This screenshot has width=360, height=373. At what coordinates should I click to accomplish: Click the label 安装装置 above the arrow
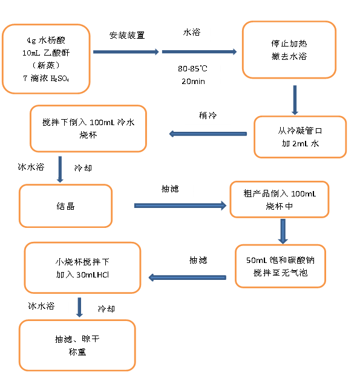pos(126,35)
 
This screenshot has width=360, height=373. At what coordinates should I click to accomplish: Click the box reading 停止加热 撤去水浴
pos(289,50)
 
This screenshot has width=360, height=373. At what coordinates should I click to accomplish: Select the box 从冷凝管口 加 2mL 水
pos(300,137)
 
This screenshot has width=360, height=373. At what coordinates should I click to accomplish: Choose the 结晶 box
pos(65,206)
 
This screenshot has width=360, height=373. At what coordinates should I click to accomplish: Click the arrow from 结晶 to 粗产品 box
pos(182,206)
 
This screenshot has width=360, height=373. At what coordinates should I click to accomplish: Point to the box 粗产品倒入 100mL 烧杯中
pos(279,199)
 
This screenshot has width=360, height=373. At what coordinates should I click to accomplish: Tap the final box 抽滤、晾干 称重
pos(77,345)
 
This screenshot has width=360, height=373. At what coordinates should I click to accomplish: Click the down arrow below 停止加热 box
pos(295,100)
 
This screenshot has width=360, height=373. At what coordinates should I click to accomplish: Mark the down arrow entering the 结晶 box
pos(60,169)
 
